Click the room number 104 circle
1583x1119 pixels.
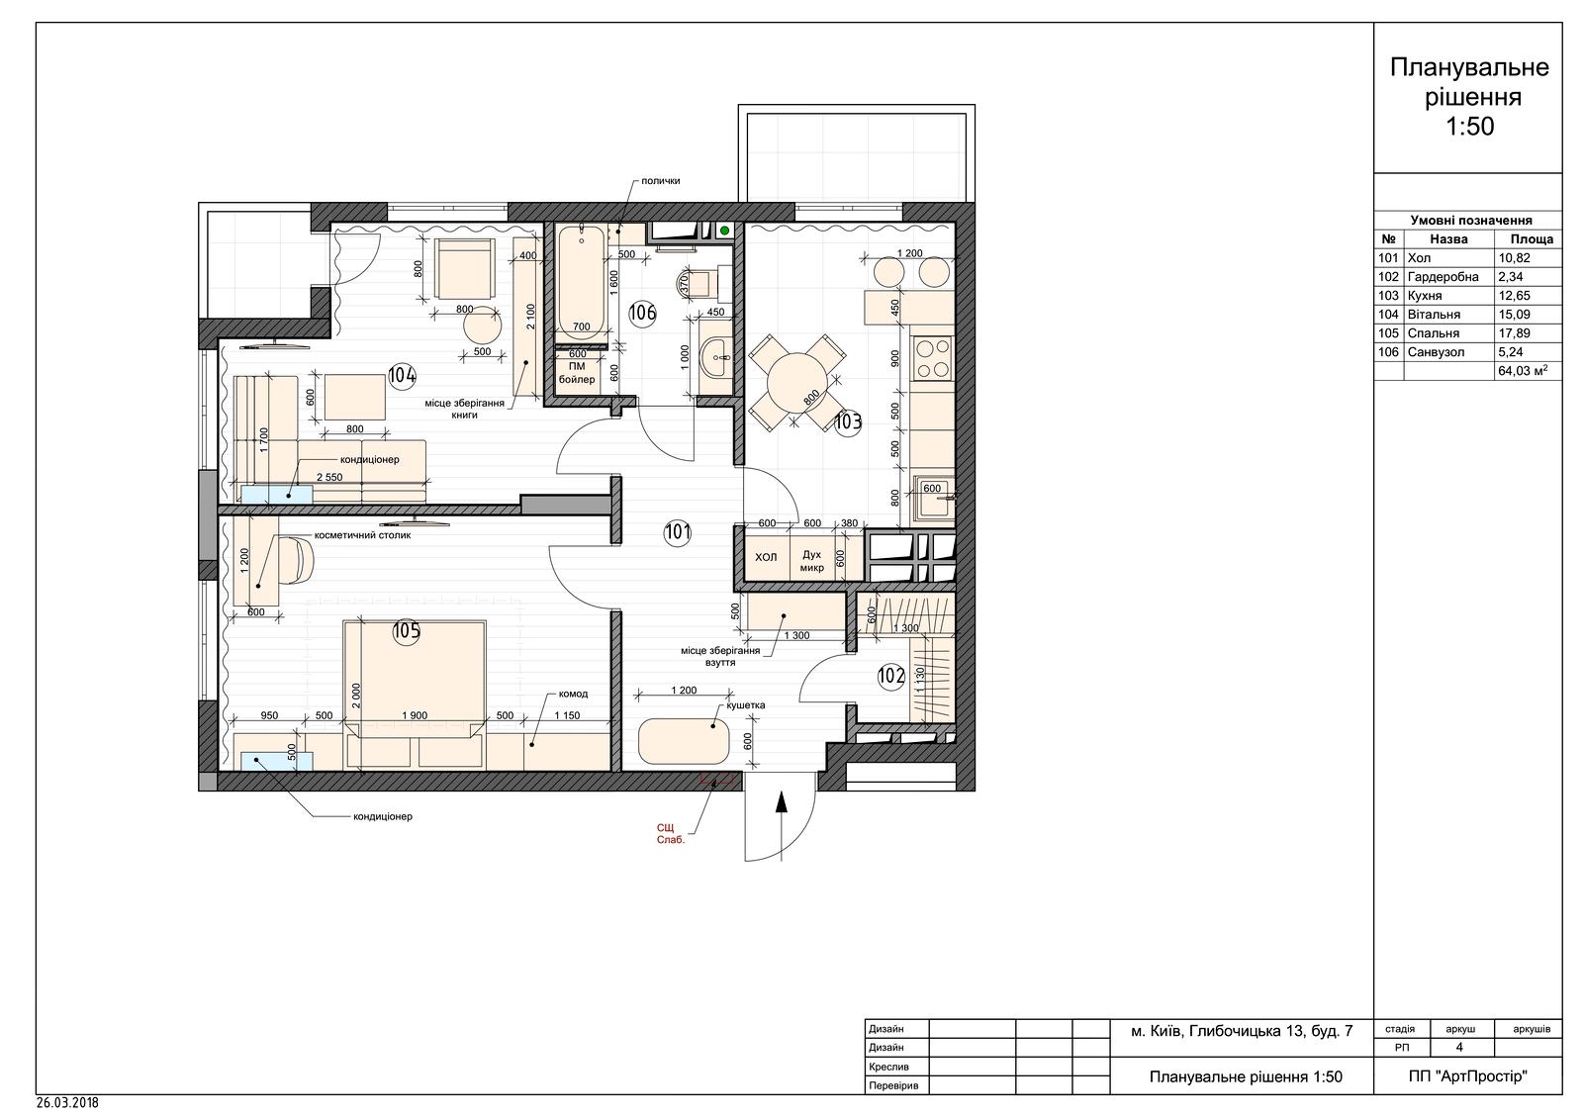click(x=402, y=375)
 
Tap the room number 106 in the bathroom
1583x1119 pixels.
click(x=642, y=313)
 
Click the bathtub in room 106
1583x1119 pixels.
click(x=582, y=283)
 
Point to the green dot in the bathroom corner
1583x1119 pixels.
click(x=724, y=231)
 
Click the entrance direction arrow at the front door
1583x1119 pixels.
click(x=781, y=825)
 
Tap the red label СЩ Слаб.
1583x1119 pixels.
click(x=670, y=833)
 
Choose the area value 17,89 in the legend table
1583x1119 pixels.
click(x=1512, y=333)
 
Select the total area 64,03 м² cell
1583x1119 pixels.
click(x=1528, y=370)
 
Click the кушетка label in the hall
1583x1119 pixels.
click(x=746, y=704)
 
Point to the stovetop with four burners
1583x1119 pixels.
click(x=933, y=358)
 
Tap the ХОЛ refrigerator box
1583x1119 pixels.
click(x=766, y=557)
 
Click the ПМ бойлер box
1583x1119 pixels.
click(x=578, y=373)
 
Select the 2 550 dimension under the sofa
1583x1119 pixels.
click(x=329, y=477)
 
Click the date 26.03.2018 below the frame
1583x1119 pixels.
click(x=68, y=1103)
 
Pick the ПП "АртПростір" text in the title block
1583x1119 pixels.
click(x=1467, y=1075)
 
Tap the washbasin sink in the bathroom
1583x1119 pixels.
click(x=716, y=358)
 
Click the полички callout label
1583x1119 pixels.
click(x=661, y=181)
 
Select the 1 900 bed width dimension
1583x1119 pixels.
click(x=415, y=715)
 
